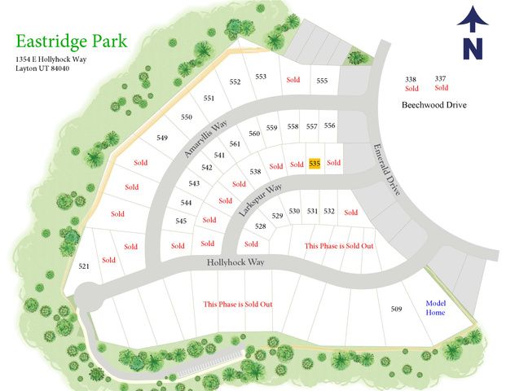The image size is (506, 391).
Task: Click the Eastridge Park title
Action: click(71, 41)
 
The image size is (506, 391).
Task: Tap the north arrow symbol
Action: click(470, 33)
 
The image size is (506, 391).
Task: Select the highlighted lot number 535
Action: click(315, 164)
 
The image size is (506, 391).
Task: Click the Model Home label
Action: click(435, 308)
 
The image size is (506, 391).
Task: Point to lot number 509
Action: click(397, 309)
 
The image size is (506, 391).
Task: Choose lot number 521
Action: click(84, 266)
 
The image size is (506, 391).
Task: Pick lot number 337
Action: click(441, 78)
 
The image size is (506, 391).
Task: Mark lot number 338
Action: click(411, 79)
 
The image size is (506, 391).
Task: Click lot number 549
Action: click(162, 138)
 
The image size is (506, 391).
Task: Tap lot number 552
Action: click(235, 82)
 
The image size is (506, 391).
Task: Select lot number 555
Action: click(322, 81)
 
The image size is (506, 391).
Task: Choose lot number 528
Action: click(261, 226)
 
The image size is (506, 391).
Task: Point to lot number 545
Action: click(182, 221)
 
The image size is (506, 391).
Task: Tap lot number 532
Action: click(329, 211)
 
